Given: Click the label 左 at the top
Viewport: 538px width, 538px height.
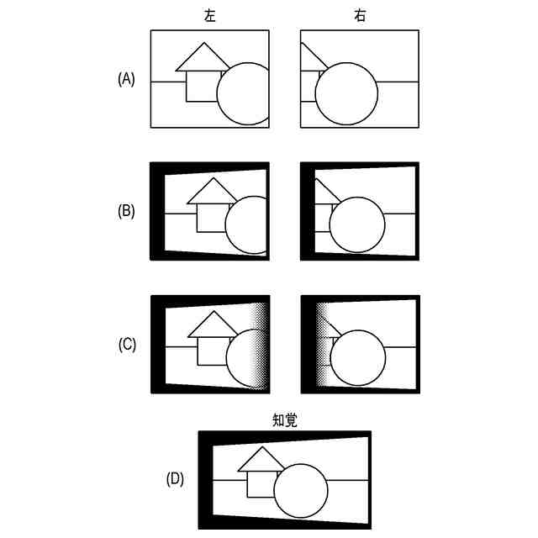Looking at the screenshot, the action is tap(209, 15).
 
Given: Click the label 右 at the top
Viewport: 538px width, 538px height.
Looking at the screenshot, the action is tap(359, 15).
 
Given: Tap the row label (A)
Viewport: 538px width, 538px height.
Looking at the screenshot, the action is tap(126, 79).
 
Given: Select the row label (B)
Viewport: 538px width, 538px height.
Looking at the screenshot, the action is tap(126, 211).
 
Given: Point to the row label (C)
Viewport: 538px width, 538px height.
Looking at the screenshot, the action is tap(126, 344).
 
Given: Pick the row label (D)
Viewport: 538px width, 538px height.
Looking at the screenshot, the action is tap(175, 479).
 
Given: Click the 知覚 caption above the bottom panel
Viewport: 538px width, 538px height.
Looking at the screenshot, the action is tap(283, 419).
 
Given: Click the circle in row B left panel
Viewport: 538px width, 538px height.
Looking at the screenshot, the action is tap(249, 225).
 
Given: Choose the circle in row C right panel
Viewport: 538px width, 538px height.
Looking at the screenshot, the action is tap(359, 358).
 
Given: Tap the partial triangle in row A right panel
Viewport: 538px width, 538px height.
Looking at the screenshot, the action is tap(308, 59).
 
